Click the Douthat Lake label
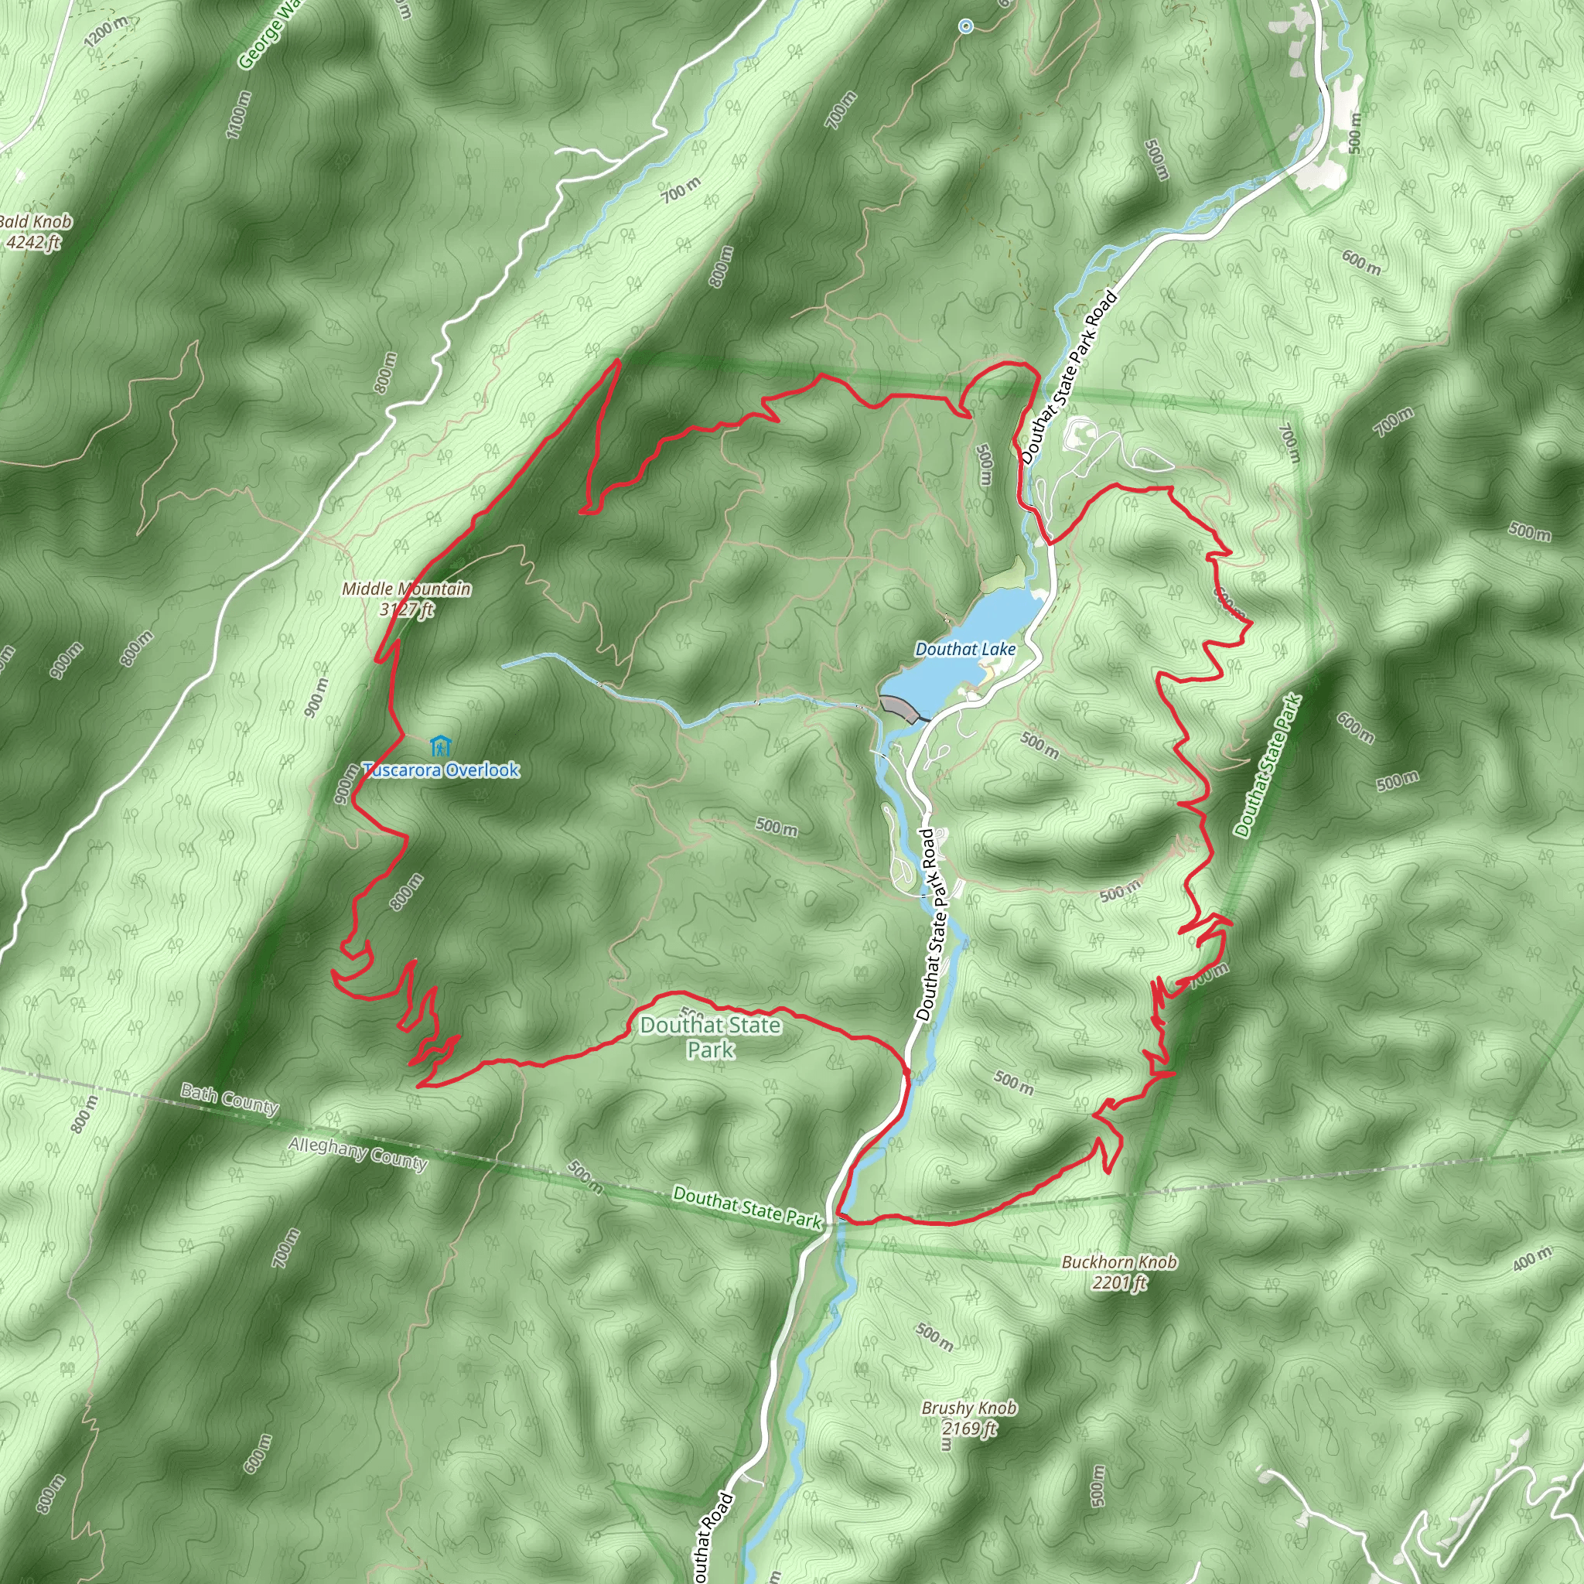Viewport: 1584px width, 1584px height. coord(965,650)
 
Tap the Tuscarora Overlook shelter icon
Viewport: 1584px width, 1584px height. coord(440,747)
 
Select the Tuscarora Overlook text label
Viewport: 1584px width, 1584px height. coord(441,770)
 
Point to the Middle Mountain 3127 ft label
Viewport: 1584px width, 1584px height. coord(407,598)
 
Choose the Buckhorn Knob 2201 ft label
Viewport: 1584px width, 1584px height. coord(1119,1272)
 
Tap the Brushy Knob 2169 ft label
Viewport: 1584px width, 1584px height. coord(969,1418)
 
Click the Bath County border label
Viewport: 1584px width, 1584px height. coord(230,1098)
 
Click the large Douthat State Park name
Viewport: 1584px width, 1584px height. coord(710,1036)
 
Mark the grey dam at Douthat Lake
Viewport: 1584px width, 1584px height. coord(900,708)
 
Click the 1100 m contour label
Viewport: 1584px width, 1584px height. coord(237,114)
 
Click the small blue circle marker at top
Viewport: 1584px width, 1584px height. coord(966,26)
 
